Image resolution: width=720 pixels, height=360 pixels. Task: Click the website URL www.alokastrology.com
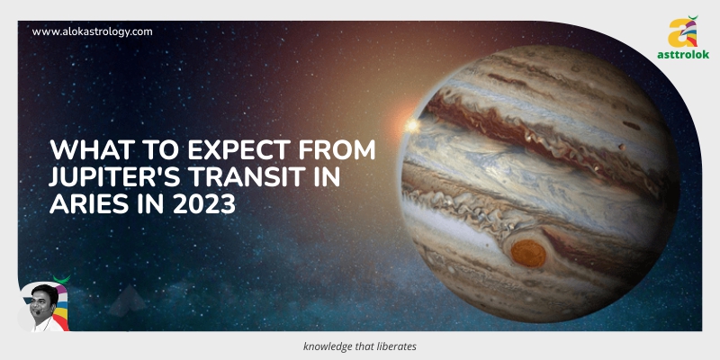[x=92, y=31]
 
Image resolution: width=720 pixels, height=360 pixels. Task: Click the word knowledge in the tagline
[x=330, y=346]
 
